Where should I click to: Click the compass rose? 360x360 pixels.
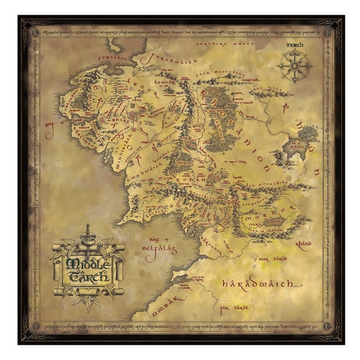click(294, 65)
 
